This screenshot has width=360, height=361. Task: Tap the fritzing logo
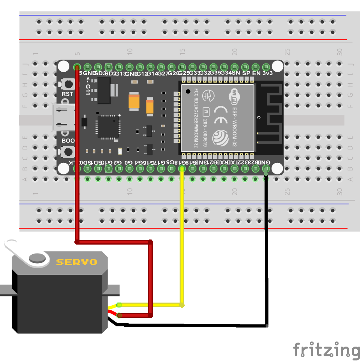[x=326, y=349]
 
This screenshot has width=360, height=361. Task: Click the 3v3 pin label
[x=267, y=73]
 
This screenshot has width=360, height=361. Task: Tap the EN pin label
[x=256, y=73]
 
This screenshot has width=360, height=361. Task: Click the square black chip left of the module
[x=108, y=126]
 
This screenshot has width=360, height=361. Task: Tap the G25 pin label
[x=183, y=73]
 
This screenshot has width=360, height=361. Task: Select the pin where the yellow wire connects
[x=182, y=169]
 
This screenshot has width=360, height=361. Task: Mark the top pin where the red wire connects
[x=77, y=67]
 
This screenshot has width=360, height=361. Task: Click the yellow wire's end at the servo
[x=119, y=305]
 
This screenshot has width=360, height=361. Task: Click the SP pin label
[x=246, y=73]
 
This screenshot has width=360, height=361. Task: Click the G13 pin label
[x=120, y=74]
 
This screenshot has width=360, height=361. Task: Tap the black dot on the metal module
[x=188, y=92]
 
